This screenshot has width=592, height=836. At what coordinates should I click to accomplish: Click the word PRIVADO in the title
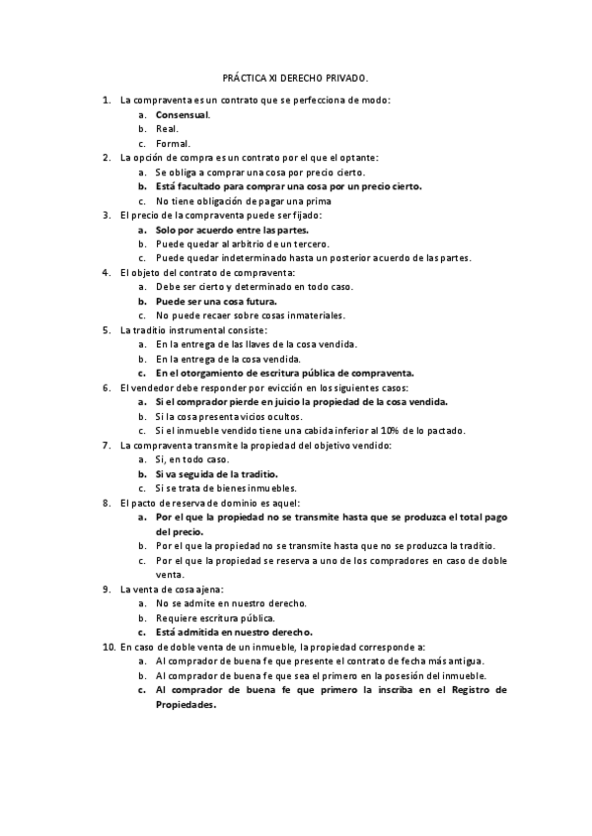pyautogui.click(x=346, y=76)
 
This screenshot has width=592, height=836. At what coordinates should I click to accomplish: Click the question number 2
pyautogui.click(x=106, y=157)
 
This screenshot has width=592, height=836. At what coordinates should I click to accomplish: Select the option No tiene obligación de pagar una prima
pyautogui.click(x=252, y=200)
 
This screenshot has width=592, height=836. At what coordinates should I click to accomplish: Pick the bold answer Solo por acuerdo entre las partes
pyautogui.click(x=231, y=229)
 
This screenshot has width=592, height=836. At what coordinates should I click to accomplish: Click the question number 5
pyautogui.click(x=106, y=329)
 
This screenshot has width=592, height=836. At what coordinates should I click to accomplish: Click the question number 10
pyautogui.click(x=108, y=646)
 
